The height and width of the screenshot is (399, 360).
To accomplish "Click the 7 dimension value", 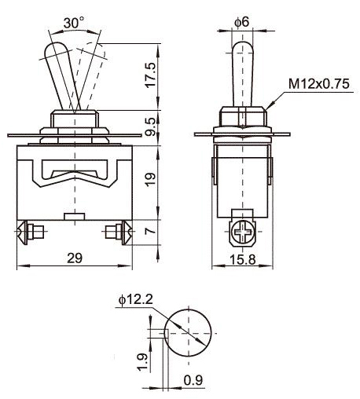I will coord(149,232).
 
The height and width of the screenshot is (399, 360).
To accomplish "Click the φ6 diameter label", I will coord(241,22).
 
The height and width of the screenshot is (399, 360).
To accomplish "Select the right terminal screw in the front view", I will coord(119,232).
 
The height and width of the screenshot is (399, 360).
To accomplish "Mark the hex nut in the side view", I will coord(241,118).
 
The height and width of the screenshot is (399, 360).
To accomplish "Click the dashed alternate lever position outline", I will coord(93,63).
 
